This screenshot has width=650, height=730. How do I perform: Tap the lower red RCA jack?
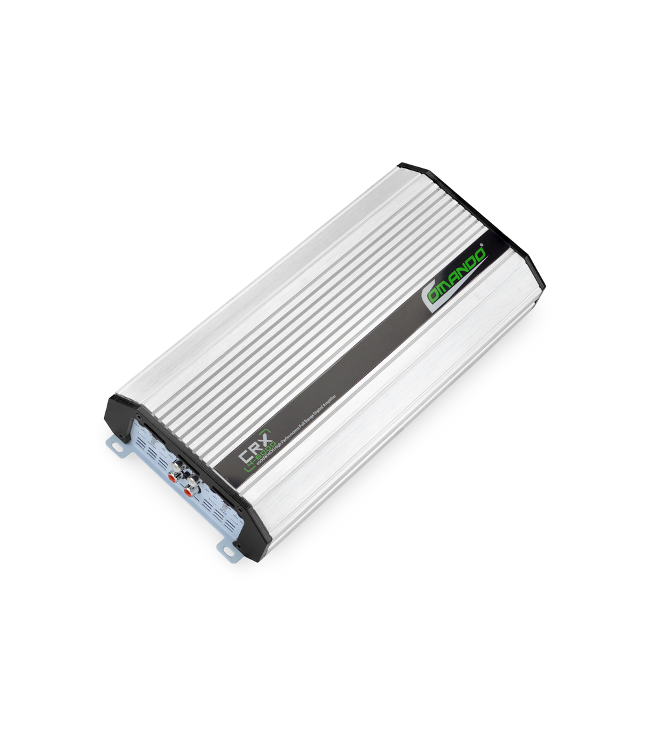188,492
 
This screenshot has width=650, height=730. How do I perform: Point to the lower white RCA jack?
193,481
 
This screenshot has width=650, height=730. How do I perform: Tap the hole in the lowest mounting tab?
229,551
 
